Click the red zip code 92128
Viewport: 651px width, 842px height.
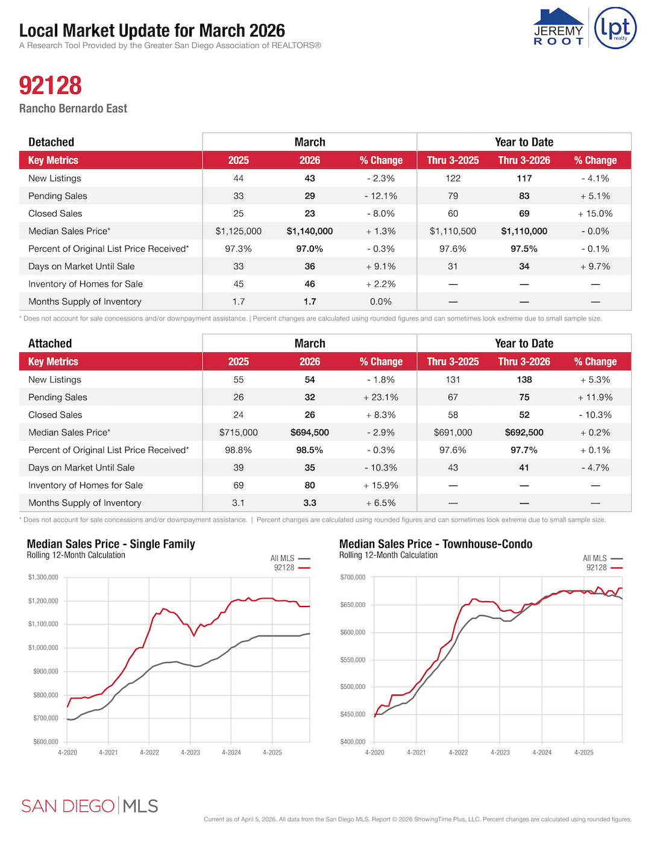[x=50, y=86]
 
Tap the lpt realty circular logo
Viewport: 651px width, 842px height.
[x=615, y=28]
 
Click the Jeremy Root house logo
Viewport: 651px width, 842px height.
[x=559, y=27]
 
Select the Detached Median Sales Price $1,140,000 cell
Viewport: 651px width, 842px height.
[x=310, y=231]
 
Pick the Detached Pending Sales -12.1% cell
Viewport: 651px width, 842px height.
[x=380, y=196]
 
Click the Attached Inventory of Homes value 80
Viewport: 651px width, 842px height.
[x=310, y=485]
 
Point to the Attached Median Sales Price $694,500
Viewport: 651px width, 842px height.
[x=310, y=432]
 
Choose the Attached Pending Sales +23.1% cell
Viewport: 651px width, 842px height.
[x=380, y=398]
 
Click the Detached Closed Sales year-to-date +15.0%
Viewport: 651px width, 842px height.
[x=595, y=214]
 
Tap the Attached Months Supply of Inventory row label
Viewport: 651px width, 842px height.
[x=85, y=503]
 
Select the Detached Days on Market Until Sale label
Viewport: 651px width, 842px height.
[x=81, y=266]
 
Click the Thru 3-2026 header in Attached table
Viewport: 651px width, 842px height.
[x=524, y=362]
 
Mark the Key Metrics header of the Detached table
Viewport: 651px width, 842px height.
[x=53, y=160]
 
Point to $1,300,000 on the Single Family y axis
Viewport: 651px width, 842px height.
[x=43, y=578]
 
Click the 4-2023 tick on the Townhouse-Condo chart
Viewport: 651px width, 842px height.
[x=500, y=752]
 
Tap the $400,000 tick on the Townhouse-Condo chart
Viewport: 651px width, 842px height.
[x=353, y=742]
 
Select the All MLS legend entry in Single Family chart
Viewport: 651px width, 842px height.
[x=289, y=558]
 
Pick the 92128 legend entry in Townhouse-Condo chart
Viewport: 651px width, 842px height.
[x=603, y=568]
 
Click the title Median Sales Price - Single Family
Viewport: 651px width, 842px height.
[x=111, y=544]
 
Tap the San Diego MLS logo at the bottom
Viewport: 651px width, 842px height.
[x=89, y=806]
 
